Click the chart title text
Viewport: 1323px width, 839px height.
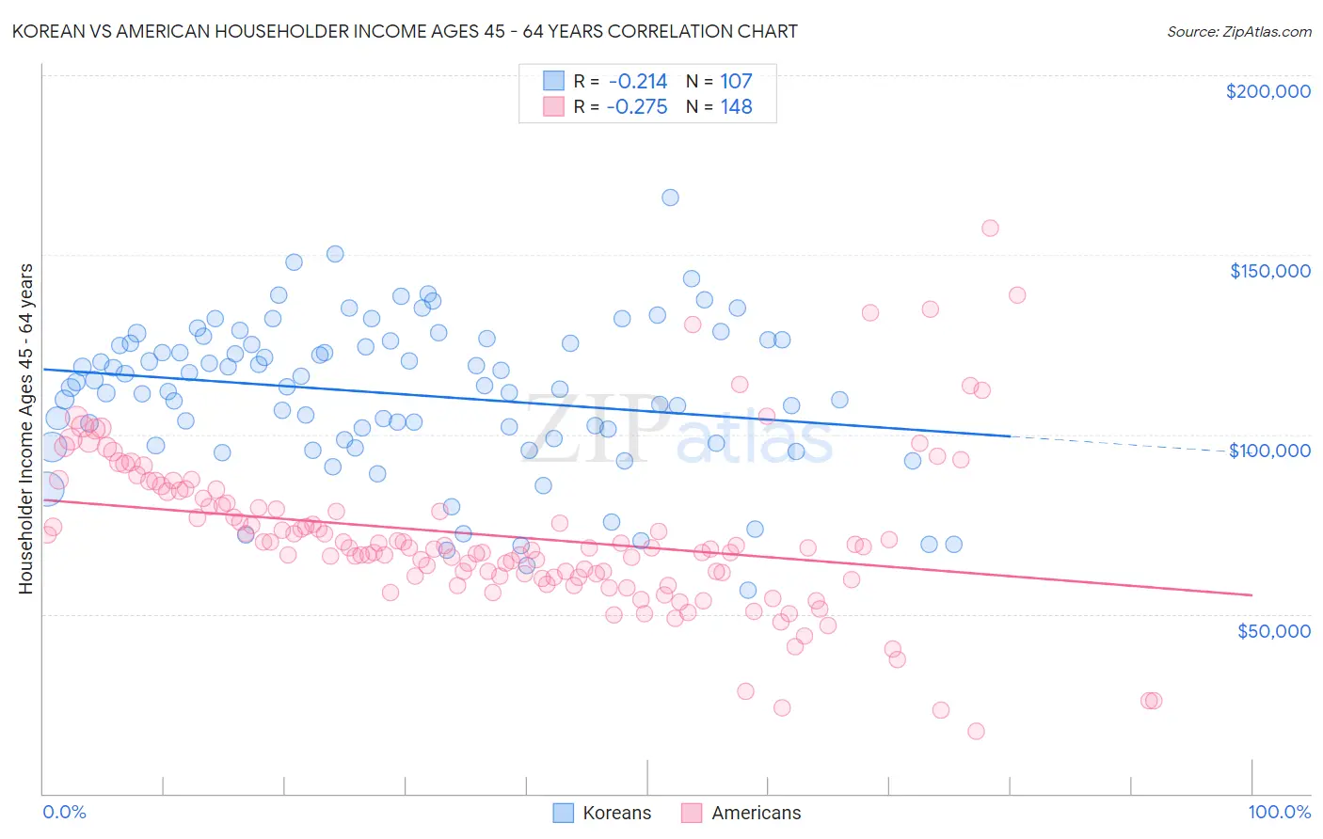405,31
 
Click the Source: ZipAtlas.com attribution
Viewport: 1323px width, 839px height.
1238,31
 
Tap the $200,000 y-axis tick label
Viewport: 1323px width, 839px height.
1267,91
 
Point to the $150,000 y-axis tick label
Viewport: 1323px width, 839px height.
1269,271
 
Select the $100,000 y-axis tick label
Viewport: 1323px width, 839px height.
1269,451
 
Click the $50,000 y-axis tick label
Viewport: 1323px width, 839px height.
1273,630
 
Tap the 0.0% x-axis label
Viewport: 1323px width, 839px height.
64,812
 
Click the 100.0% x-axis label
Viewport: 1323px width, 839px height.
1279,812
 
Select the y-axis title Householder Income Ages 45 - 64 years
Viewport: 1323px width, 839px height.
26,429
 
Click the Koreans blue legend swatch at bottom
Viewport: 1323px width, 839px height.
563,813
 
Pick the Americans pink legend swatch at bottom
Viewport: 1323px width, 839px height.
692,813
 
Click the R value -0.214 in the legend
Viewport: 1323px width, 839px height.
637,82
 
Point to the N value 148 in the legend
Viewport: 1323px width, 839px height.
736,107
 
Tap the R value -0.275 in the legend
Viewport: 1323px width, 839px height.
637,107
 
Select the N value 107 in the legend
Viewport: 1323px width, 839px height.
736,82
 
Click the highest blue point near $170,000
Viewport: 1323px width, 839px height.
670,198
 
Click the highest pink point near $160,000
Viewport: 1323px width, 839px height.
990,228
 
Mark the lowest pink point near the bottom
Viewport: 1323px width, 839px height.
976,731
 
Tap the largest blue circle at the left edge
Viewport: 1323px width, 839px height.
44,487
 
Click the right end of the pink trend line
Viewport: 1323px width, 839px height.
1251,594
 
